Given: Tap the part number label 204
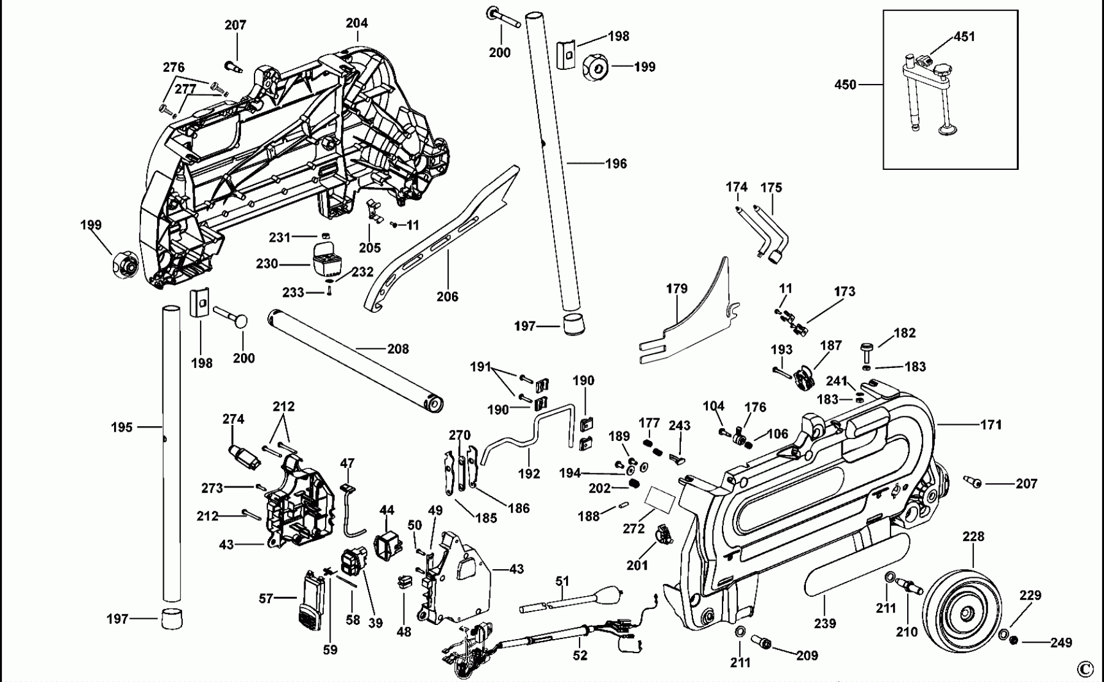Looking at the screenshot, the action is click(x=356, y=23).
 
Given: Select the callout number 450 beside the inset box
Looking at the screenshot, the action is click(x=845, y=85).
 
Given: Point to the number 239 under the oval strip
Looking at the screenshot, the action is click(x=825, y=623).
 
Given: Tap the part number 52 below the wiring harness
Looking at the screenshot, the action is click(x=580, y=656).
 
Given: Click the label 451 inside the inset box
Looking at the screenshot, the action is click(x=964, y=37).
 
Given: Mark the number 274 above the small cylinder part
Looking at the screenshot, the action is click(x=233, y=419).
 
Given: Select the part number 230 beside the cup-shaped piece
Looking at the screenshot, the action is click(x=267, y=264).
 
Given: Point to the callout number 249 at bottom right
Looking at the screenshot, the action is click(x=1060, y=642).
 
